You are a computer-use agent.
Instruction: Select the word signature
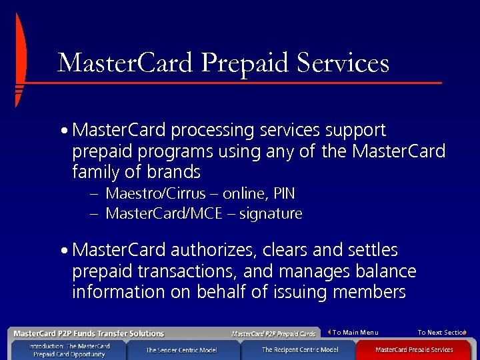pos(271,214)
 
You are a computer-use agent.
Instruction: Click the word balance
pos(387,271)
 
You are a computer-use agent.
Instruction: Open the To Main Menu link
pos(355,333)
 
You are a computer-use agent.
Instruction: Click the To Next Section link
pos(441,333)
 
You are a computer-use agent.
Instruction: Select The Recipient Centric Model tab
pos(299,349)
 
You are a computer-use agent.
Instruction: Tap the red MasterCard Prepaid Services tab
pos(413,349)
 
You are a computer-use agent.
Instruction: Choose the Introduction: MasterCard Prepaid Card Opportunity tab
pos(69,350)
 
